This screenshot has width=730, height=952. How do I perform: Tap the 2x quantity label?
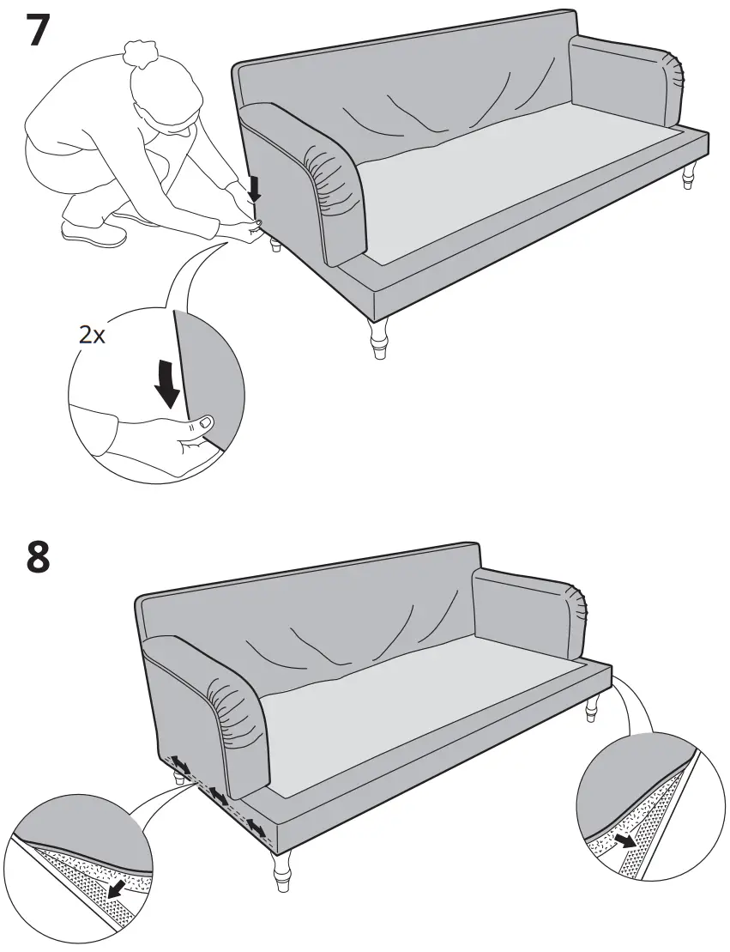coord(92,336)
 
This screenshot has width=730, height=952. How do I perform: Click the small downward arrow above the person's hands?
coord(253,188)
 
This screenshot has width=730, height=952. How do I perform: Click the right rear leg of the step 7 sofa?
coord(688,177)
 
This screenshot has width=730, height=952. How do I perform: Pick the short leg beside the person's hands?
coord(275,246)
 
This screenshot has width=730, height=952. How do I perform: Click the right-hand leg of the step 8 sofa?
coord(591,709)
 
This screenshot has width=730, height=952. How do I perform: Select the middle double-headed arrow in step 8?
coord(219,797)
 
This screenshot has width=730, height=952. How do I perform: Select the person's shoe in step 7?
coord(94,232)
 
